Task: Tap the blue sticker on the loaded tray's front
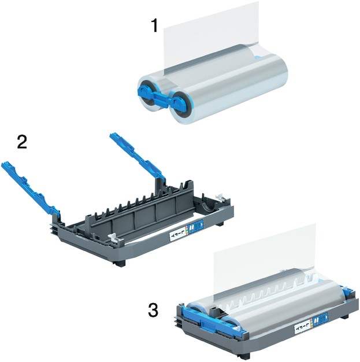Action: [321, 317]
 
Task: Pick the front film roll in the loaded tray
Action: [272, 306]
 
